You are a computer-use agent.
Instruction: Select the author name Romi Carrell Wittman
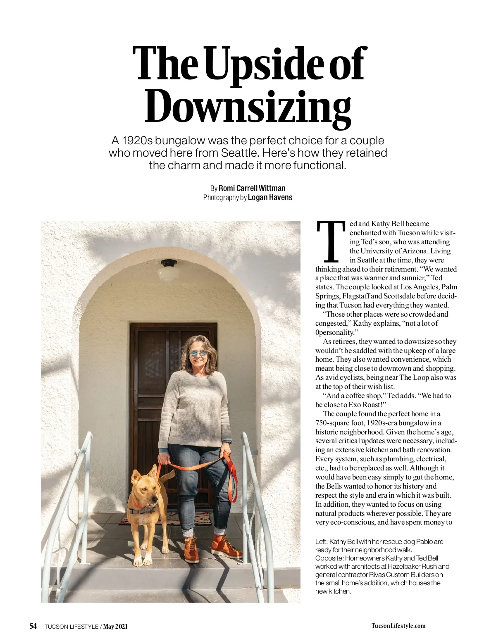pyautogui.click(x=252, y=188)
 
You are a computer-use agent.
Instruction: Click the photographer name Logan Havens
pyautogui.click(x=270, y=198)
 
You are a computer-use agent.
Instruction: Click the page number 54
pyautogui.click(x=33, y=626)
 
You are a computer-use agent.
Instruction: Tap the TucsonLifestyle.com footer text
pyautogui.click(x=398, y=626)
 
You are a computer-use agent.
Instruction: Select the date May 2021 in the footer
pyautogui.click(x=115, y=626)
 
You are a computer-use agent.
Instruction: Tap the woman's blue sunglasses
pyautogui.click(x=198, y=353)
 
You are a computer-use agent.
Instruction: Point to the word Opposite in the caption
pyautogui.click(x=329, y=558)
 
